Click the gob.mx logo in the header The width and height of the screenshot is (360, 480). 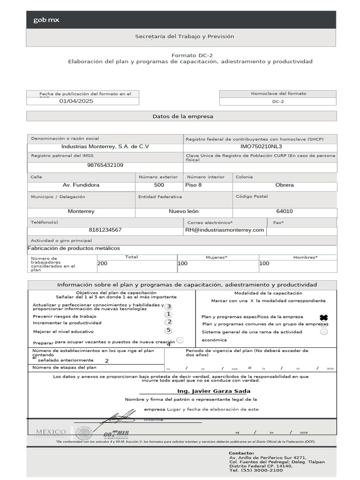pos(46,20)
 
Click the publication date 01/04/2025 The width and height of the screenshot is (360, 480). pos(76,101)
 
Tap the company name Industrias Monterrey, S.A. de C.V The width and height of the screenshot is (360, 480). pos(105,147)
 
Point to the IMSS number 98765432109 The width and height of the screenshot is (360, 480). pos(105,165)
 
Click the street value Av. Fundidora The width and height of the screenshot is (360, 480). pos(81,185)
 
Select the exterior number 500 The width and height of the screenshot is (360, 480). pos(159,185)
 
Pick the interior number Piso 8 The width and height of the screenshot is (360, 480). pos(194,185)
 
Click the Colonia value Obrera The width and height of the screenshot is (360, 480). pos(285,185)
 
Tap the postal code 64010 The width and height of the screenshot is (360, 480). pos(285,211)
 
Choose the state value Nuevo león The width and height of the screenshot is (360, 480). pos(184,211)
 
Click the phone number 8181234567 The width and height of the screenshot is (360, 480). pos(105,230)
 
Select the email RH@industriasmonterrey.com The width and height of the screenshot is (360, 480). pos(225,230)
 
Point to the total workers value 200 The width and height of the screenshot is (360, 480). pos(102,264)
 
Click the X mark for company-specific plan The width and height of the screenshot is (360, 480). pos(323,317)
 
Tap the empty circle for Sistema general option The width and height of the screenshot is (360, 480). pos(323,332)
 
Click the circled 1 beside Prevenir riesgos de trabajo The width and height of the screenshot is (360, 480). pos(169,315)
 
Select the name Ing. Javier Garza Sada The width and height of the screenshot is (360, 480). pos(213,391)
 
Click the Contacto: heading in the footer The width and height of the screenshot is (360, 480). pos(241,453)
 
